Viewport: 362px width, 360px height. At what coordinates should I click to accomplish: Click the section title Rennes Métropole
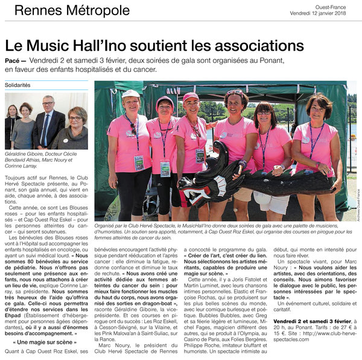(x=72, y=11)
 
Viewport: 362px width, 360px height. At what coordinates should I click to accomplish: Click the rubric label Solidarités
(x=17, y=85)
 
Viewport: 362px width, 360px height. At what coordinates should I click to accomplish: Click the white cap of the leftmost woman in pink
(x=130, y=94)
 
